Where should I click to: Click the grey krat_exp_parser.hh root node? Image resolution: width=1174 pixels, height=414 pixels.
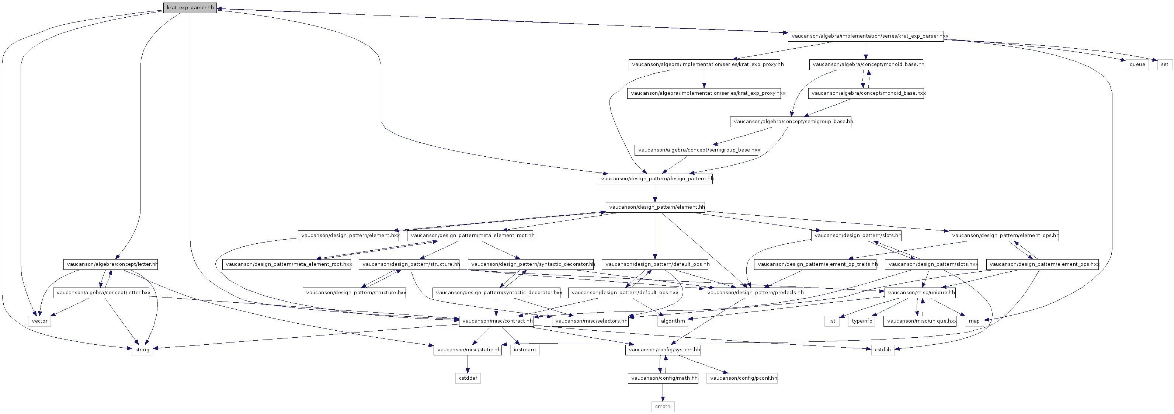click(x=190, y=8)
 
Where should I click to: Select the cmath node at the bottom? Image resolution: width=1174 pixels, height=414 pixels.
click(x=663, y=406)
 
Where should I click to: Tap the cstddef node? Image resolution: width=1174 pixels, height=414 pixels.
click(x=468, y=378)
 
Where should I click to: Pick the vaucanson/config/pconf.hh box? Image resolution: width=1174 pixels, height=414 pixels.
click(x=742, y=378)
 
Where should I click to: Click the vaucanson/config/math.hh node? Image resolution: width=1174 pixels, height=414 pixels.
click(x=663, y=378)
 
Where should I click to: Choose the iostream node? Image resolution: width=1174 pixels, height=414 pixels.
click(x=525, y=350)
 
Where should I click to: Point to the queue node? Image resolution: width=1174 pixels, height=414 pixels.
click(x=1137, y=65)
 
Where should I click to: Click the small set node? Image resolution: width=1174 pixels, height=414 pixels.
click(x=1164, y=65)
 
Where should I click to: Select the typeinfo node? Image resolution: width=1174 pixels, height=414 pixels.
click(x=862, y=321)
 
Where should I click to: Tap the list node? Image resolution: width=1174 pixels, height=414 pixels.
click(x=832, y=321)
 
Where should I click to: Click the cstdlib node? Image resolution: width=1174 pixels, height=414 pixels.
click(x=882, y=350)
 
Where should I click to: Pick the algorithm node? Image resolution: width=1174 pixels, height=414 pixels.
click(x=673, y=321)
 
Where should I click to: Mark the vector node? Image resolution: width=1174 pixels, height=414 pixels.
click(x=40, y=321)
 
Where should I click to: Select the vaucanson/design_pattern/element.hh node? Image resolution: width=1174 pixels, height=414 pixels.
click(x=655, y=207)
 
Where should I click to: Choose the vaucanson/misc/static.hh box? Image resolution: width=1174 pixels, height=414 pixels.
click(x=468, y=350)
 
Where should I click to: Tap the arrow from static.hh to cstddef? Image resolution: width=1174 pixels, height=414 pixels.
click(x=468, y=364)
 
